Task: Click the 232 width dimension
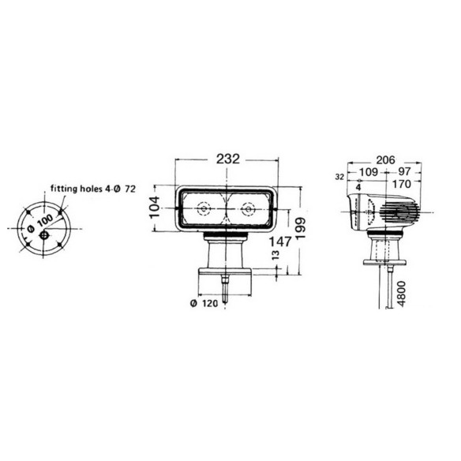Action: pos(228,159)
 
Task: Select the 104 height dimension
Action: pos(155,207)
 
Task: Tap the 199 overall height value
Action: pos(300,230)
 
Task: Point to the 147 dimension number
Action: pos(280,242)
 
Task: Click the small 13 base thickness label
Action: pos(275,255)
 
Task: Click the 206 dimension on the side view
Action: pos(385,160)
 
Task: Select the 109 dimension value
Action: pos(369,172)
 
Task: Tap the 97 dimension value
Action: pos(403,171)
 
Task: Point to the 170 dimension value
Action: pos(401,185)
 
